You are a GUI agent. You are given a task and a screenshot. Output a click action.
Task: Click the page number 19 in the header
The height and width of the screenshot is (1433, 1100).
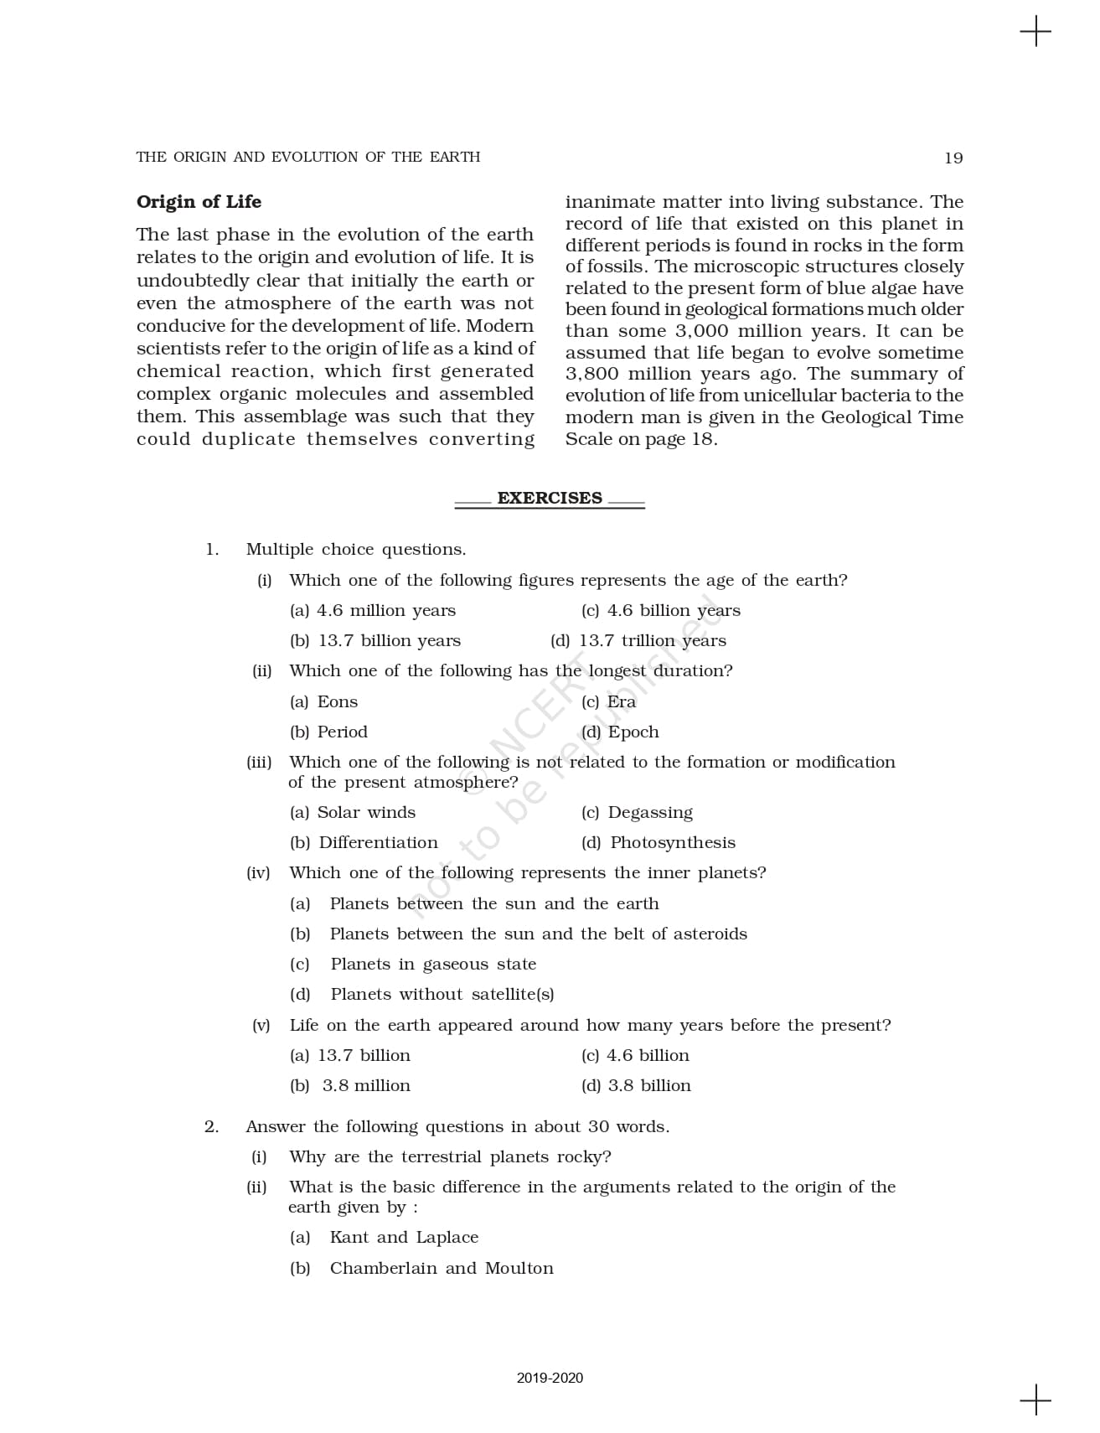pos(953,158)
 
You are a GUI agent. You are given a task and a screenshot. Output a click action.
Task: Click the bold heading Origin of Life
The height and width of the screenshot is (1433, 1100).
pos(199,202)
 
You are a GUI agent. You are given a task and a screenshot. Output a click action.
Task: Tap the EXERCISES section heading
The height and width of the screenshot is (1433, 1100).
pos(550,498)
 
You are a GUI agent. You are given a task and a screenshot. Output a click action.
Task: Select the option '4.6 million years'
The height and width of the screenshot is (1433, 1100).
pos(385,611)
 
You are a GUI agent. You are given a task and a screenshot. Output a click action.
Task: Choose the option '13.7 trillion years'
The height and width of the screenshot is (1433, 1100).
pos(652,641)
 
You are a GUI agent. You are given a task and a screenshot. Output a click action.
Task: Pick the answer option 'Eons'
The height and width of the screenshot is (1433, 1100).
pos(337,702)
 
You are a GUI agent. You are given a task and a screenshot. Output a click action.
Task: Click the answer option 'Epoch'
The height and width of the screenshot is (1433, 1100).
pos(633,732)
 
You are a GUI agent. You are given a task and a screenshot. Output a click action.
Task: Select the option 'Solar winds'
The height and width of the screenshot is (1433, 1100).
pos(366,813)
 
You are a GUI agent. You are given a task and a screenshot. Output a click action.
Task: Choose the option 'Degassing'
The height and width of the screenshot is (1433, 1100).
pos(649,813)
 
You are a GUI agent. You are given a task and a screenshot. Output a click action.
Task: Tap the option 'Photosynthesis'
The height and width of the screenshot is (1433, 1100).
pos(672,843)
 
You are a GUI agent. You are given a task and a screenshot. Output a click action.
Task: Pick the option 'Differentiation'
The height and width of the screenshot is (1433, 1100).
pos(378,843)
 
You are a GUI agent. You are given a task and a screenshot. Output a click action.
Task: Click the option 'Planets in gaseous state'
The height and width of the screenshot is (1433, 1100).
pos(433,965)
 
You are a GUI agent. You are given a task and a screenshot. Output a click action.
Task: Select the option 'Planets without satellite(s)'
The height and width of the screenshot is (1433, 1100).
pos(442,995)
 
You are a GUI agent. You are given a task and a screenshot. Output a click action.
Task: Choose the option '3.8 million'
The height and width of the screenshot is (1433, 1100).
pos(366,1086)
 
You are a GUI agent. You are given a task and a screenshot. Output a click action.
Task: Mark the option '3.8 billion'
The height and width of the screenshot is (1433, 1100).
pos(648,1086)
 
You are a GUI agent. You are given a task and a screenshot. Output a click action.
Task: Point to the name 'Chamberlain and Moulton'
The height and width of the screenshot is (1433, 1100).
pos(442,1268)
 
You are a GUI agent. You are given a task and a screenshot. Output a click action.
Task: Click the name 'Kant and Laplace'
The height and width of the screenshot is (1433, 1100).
pos(404,1238)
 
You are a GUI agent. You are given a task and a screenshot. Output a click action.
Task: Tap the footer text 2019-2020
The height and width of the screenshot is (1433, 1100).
pos(550,1378)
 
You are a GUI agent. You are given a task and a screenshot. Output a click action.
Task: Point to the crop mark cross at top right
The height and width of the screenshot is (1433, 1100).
pos(1035,32)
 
